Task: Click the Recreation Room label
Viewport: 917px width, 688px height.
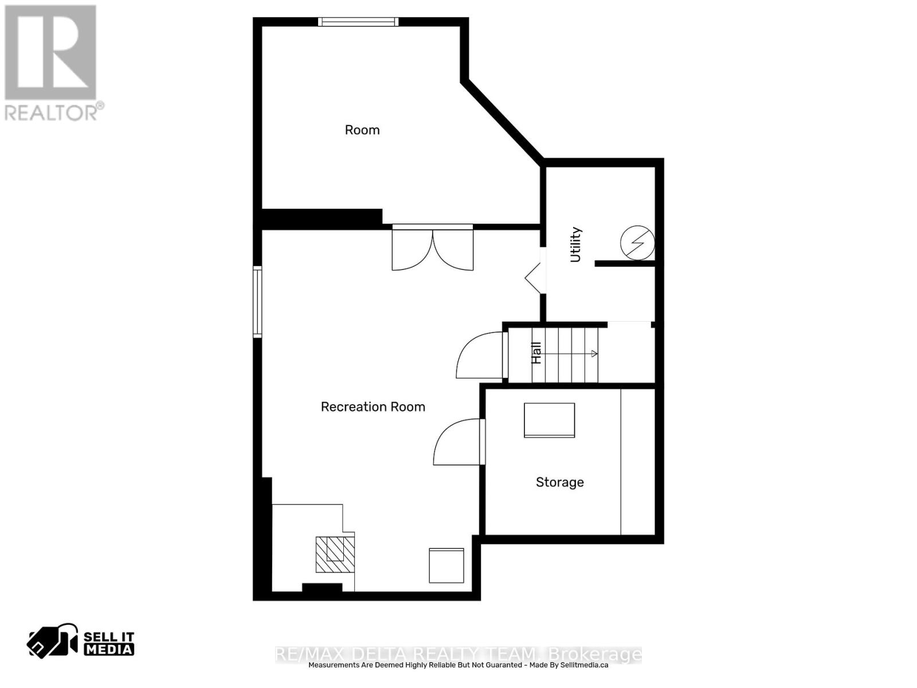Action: pos(373,406)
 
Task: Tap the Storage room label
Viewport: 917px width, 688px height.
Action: pos(560,483)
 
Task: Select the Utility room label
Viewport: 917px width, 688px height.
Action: pos(575,244)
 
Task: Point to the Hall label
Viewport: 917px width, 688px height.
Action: pos(536,353)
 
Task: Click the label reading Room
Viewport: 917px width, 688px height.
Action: pos(362,130)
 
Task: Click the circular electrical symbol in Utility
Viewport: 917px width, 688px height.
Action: pos(637,243)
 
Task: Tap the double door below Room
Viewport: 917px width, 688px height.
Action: pos(432,247)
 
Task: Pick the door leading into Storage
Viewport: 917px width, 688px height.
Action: pos(458,442)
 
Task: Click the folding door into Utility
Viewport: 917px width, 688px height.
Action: pos(535,278)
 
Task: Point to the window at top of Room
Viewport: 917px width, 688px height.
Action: pos(358,22)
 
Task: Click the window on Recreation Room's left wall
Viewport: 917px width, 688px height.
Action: pos(257,302)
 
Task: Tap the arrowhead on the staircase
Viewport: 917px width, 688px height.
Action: pos(594,354)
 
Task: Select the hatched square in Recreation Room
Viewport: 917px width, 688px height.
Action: pos(335,554)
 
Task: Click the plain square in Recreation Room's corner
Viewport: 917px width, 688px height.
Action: pos(446,566)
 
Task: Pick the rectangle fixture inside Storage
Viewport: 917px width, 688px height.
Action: pos(550,420)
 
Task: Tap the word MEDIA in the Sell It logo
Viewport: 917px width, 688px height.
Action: pos(109,649)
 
